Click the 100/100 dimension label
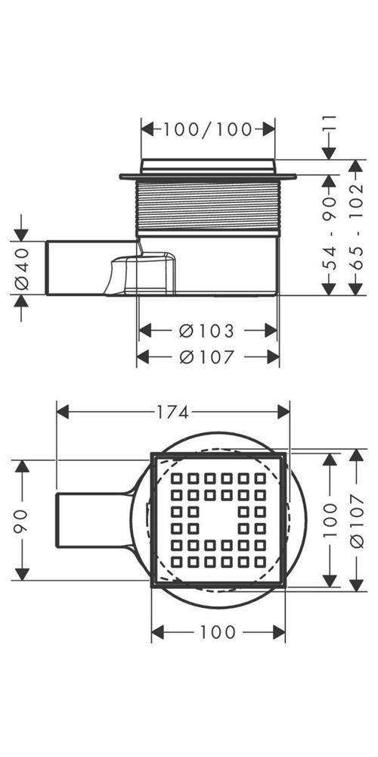point(208,129)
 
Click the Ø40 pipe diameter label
point(22,269)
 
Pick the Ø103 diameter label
point(206,332)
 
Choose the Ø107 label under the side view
point(206,357)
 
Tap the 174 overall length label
point(172,413)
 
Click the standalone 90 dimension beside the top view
point(22,521)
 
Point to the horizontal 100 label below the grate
point(218,632)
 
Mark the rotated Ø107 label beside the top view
point(357,521)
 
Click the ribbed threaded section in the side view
point(208,206)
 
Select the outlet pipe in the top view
point(94,521)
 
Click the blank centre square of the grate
point(218,520)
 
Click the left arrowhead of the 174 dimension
point(64,413)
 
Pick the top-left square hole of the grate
point(176,478)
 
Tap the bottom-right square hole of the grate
point(260,562)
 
